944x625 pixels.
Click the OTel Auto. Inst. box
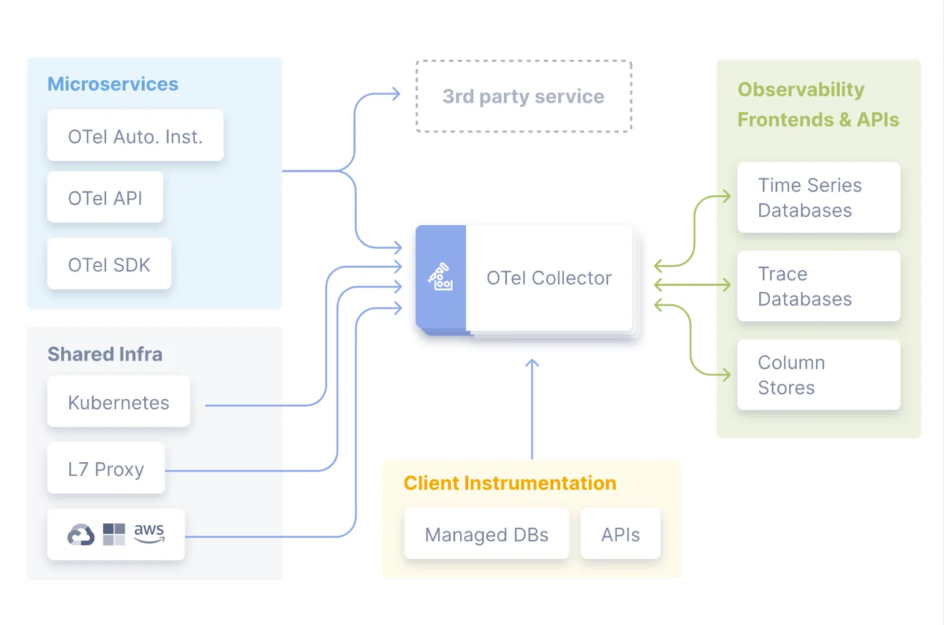135,136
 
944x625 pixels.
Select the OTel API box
105,198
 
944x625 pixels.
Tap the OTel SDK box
109,264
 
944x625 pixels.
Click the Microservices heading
113,84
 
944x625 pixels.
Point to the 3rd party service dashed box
523,97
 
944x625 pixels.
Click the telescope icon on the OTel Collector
441,277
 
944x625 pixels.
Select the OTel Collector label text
549,278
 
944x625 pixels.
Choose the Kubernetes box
119,402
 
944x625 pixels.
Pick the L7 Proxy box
106,469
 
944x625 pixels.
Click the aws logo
149,533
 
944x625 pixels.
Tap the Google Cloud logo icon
81,535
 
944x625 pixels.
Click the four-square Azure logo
114,535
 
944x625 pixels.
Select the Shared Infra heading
105,354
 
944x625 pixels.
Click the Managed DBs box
486,535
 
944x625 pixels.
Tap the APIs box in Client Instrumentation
620,535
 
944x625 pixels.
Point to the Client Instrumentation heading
510,483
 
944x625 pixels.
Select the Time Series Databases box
819,198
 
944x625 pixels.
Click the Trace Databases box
819,286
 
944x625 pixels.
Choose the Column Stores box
819,375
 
